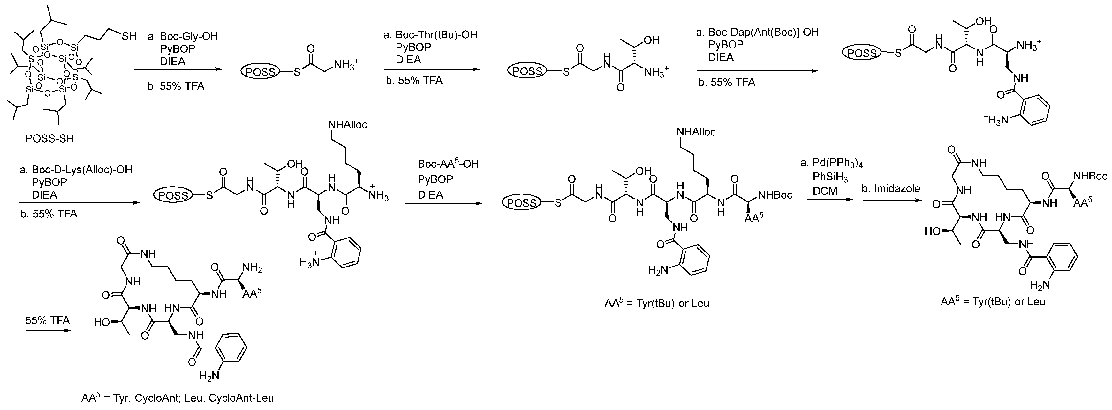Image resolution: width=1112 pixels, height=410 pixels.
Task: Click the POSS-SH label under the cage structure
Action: tap(49, 139)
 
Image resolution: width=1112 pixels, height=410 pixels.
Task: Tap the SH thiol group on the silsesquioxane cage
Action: tap(129, 36)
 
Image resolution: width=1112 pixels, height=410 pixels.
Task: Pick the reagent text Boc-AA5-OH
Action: tap(448, 164)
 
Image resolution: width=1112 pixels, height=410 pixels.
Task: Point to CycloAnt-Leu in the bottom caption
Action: tap(241, 398)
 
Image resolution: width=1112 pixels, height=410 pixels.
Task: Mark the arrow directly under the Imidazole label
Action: tap(890, 200)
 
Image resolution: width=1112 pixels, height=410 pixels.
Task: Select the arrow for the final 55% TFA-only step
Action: tap(48, 331)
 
